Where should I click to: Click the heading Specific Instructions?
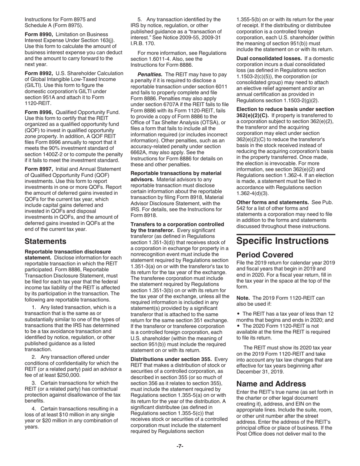(x=283, y=241)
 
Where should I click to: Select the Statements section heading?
(x=45, y=241)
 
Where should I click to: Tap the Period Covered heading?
(x=265, y=255)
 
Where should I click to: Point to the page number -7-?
(x=180, y=446)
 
